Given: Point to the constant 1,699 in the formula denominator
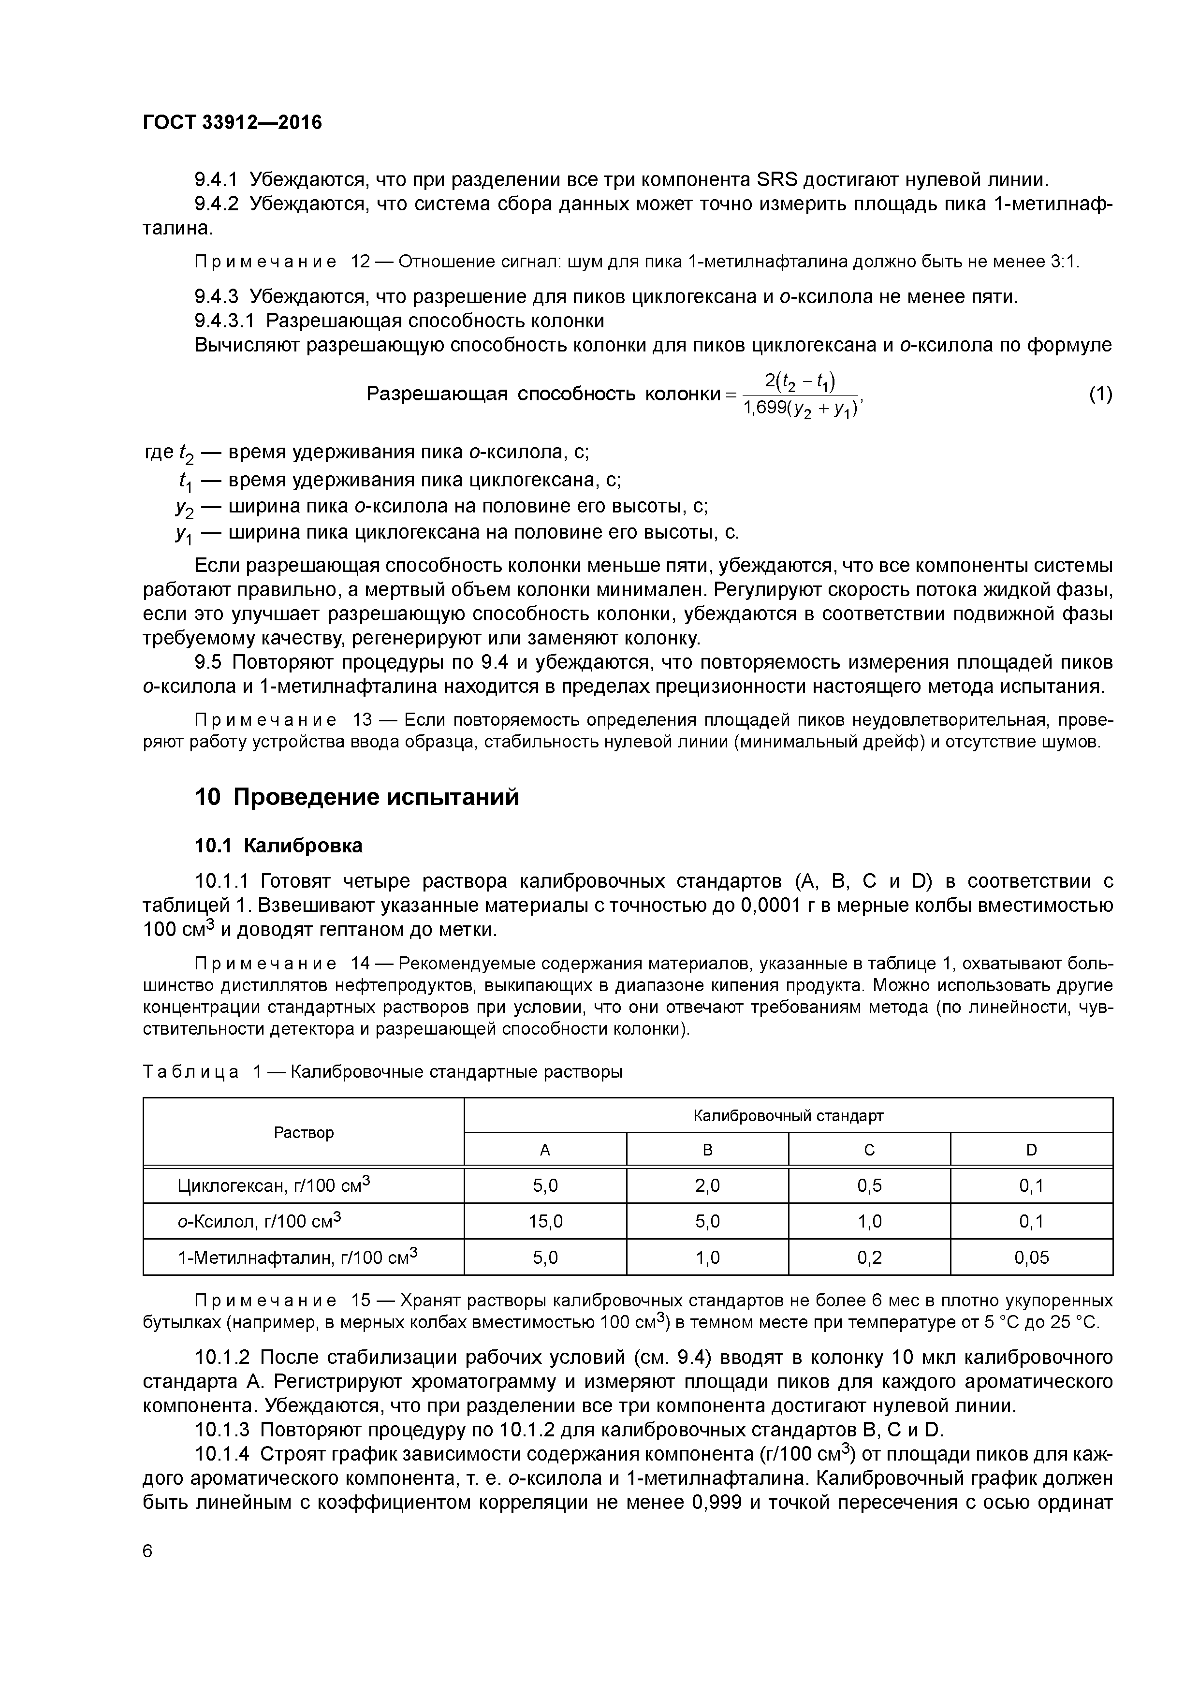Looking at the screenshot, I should [763, 408].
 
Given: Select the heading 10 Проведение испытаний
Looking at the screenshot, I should [357, 798].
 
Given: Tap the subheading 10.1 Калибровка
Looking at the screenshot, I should [278, 846].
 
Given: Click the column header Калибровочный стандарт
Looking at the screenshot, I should [788, 1115].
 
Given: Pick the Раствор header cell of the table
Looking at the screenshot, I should [304, 1132].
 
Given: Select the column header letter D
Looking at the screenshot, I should [1031, 1150].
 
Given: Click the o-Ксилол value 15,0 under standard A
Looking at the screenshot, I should [545, 1222].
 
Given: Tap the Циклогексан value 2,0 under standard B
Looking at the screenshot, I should [707, 1186].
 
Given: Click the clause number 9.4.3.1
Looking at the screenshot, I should [225, 321].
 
